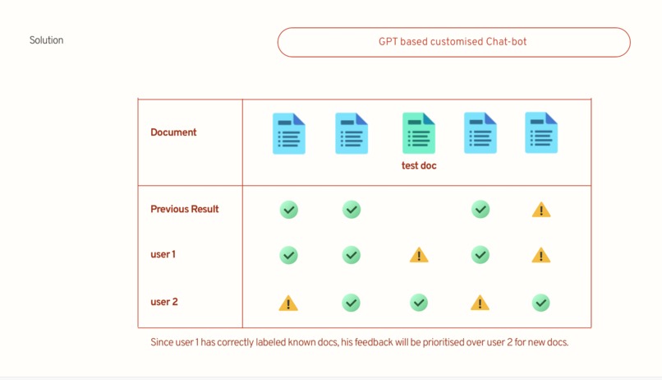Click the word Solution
[47, 40]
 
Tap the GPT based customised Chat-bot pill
[454, 42]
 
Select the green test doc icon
[419, 132]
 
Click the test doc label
[419, 165]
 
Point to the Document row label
[173, 132]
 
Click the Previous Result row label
[185, 209]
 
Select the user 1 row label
[163, 254]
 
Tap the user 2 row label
[164, 302]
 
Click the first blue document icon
[289, 133]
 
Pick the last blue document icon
[541, 132]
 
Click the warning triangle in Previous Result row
[541, 210]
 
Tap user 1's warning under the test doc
[419, 255]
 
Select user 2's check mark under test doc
[419, 303]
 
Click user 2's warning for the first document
[288, 303]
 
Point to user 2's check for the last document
[540, 303]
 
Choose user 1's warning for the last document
[540, 255]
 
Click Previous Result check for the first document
[289, 210]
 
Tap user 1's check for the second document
[352, 255]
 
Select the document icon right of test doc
[480, 132]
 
